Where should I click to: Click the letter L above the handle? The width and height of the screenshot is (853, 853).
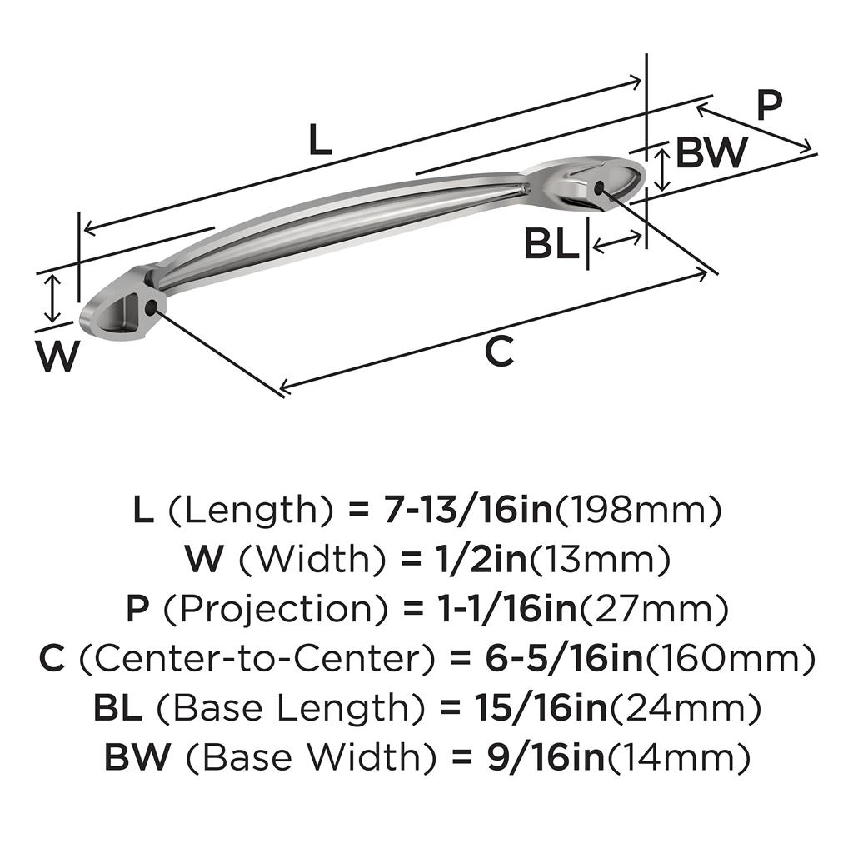(321, 139)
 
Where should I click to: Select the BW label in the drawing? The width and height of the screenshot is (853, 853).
(711, 152)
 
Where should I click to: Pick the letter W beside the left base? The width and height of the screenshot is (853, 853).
(57, 356)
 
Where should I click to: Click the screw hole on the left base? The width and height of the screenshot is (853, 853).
(152, 308)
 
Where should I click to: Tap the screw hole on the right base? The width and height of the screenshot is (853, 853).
(600, 188)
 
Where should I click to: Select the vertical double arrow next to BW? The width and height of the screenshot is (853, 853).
(661, 170)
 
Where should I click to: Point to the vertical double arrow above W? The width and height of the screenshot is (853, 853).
(52, 299)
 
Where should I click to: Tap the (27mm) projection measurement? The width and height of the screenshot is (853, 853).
(653, 609)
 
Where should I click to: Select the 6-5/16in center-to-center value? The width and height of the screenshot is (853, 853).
(564, 658)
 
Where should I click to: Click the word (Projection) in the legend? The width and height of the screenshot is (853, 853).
(276, 609)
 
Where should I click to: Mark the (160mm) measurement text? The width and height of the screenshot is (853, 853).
(730, 659)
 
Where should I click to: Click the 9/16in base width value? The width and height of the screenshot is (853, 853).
(546, 756)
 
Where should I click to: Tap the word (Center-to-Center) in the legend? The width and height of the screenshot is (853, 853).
(257, 659)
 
